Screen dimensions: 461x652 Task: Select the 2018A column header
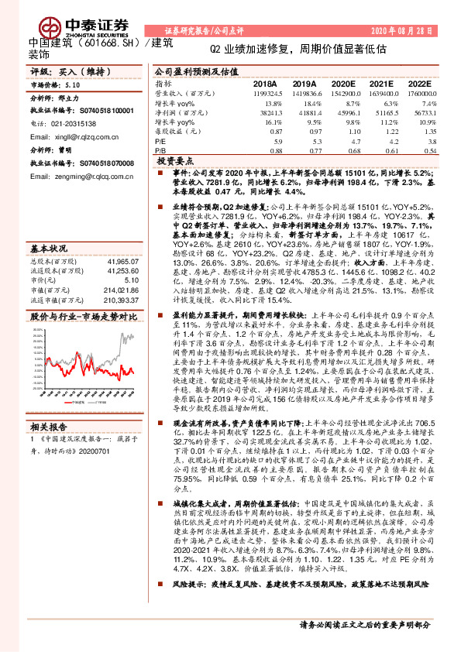(264, 83)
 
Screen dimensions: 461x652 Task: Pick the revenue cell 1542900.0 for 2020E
(343, 93)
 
